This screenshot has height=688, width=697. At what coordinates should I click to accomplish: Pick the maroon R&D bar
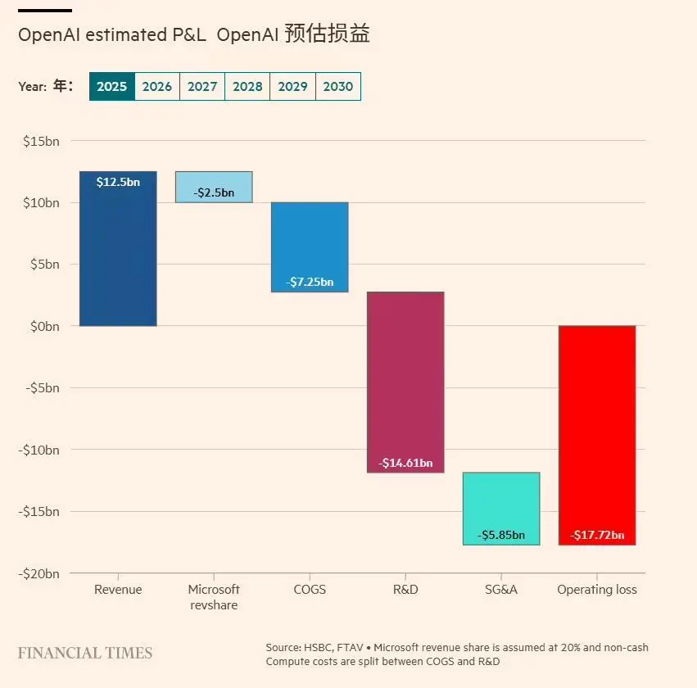405,377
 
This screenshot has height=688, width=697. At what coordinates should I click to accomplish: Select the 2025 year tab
112,86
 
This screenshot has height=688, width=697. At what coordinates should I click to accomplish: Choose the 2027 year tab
202,86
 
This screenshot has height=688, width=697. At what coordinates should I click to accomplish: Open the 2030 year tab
338,86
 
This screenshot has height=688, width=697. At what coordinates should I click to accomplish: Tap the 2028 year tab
247,86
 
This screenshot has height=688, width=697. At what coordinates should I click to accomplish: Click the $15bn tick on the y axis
41,141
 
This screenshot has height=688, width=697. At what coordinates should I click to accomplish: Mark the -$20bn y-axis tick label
39,573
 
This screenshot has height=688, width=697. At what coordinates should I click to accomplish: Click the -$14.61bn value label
405,463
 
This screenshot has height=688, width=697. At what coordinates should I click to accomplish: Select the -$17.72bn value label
597,536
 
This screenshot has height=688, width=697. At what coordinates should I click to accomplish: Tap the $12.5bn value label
118,182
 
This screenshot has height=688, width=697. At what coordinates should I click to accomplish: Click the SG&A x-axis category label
501,590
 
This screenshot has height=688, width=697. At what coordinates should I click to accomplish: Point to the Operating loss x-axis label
597,590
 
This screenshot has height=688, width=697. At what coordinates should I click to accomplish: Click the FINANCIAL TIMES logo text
85,653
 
